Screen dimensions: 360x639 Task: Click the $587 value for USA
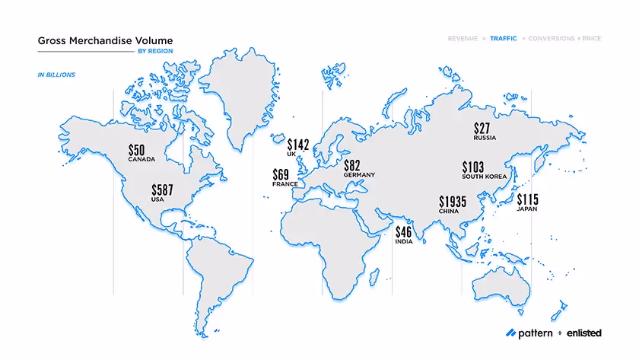[x=163, y=190]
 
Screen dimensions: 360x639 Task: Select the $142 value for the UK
[x=298, y=145]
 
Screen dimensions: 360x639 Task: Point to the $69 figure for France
[x=283, y=174]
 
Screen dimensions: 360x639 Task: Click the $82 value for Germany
[x=351, y=165]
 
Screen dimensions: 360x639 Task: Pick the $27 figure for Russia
[x=483, y=128]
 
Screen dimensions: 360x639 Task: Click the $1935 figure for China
[x=453, y=202]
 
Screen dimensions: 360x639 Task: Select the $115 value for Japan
[x=527, y=200]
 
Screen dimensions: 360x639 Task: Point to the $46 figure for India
[x=403, y=231]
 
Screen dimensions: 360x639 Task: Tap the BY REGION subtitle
[x=155, y=52]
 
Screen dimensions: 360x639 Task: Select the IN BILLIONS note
[x=56, y=75]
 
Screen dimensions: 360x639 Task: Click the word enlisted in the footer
[x=584, y=333]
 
